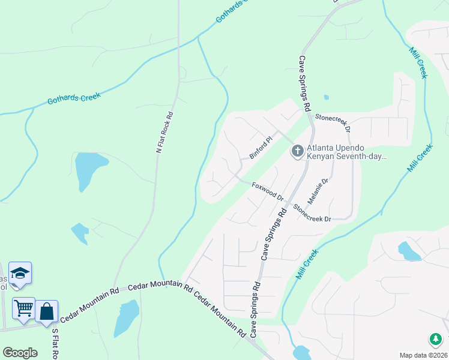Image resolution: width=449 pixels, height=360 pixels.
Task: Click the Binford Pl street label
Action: coord(261,148)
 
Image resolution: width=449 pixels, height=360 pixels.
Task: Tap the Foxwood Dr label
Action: coord(268,191)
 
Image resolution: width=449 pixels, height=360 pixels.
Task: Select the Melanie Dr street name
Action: coord(324,190)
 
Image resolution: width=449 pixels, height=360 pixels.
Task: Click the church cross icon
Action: coord(297,151)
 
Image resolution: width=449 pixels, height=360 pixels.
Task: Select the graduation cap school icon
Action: coord(20,274)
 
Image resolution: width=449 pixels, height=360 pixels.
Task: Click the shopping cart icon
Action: coord(23,308)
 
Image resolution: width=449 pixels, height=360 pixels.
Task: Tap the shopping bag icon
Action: coord(46,311)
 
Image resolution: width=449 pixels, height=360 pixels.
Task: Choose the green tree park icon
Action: coord(435,339)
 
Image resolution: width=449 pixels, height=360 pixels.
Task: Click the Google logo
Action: coord(20,352)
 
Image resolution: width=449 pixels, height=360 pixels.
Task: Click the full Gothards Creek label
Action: coord(74,98)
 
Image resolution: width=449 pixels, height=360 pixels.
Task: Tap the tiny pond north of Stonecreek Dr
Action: coord(326,97)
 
